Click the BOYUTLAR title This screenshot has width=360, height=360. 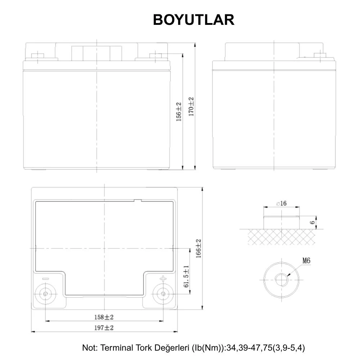(x=194, y=20)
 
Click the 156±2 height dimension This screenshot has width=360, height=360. (x=179, y=112)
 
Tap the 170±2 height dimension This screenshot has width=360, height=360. (x=191, y=107)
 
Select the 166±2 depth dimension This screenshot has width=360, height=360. (x=198, y=248)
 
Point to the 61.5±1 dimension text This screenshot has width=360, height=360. (x=186, y=276)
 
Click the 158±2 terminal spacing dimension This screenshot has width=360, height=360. (x=104, y=317)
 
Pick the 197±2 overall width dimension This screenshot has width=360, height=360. (x=104, y=328)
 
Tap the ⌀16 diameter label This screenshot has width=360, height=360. (x=282, y=203)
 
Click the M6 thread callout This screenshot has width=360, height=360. (x=306, y=261)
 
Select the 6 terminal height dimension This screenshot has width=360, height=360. (x=312, y=222)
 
